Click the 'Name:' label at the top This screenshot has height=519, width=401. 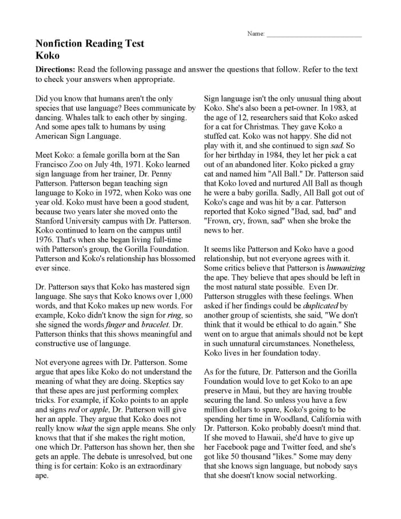pyautogui.click(x=255, y=34)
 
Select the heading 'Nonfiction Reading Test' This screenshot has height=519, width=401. pyautogui.click(x=90, y=44)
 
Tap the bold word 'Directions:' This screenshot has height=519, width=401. pyautogui.click(x=56, y=70)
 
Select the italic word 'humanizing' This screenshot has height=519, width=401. pyautogui.click(x=345, y=268)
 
